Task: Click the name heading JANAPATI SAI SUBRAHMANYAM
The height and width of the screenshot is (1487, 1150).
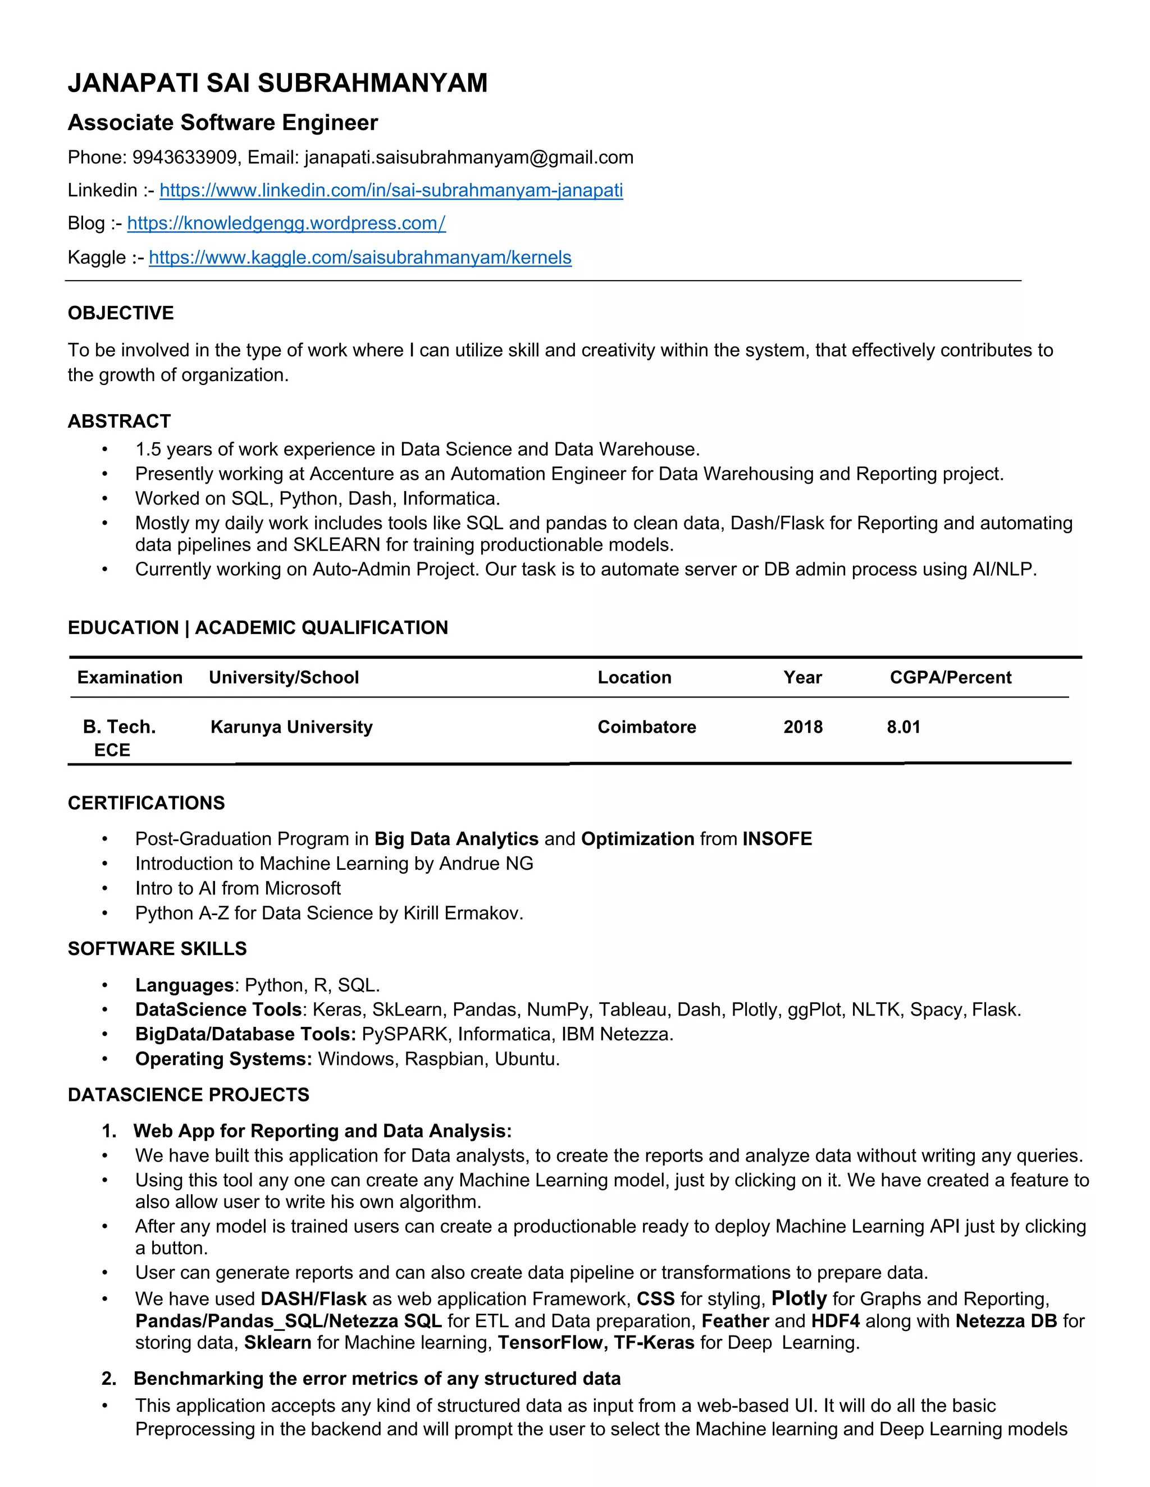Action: (277, 83)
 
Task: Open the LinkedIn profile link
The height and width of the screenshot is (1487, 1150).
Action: (391, 190)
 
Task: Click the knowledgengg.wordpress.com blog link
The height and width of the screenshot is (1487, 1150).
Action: (286, 223)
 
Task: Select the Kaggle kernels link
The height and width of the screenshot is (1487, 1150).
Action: (360, 258)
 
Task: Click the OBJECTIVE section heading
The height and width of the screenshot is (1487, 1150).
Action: (121, 313)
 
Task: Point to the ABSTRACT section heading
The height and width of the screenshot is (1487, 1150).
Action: (119, 421)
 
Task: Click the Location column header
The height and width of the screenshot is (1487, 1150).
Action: (635, 677)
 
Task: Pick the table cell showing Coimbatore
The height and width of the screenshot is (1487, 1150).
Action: (646, 727)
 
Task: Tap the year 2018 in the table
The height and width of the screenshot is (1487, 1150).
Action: (802, 727)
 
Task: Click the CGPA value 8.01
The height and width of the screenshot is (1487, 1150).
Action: (903, 727)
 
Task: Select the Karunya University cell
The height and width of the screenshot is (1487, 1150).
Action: (291, 727)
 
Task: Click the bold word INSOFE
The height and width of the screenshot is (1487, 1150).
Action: (777, 839)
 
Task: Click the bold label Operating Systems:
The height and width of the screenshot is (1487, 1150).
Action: (223, 1059)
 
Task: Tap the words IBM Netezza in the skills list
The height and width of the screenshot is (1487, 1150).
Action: (617, 1035)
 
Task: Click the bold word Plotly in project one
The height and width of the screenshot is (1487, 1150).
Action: (798, 1299)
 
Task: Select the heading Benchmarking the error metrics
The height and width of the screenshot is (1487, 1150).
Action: (377, 1379)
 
